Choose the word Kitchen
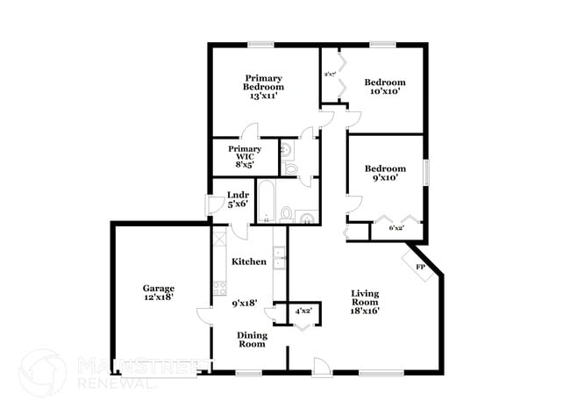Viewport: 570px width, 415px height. click(x=248, y=261)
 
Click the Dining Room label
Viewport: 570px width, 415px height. click(x=253, y=339)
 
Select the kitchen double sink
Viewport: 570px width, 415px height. click(x=279, y=258)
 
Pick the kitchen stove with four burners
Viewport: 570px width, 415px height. click(x=218, y=290)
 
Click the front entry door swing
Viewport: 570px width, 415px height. click(x=321, y=366)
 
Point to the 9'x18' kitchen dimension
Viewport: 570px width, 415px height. click(x=245, y=304)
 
